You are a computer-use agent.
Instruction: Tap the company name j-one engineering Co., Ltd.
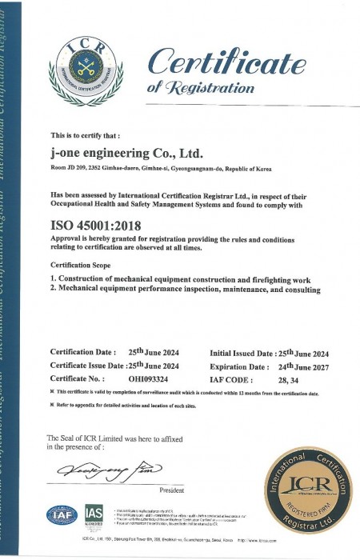coord(126,153)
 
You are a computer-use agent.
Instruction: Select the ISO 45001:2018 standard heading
coord(95,226)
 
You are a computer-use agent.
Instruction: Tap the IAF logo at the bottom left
coord(62,514)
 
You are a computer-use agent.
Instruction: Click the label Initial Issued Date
coord(242,353)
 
